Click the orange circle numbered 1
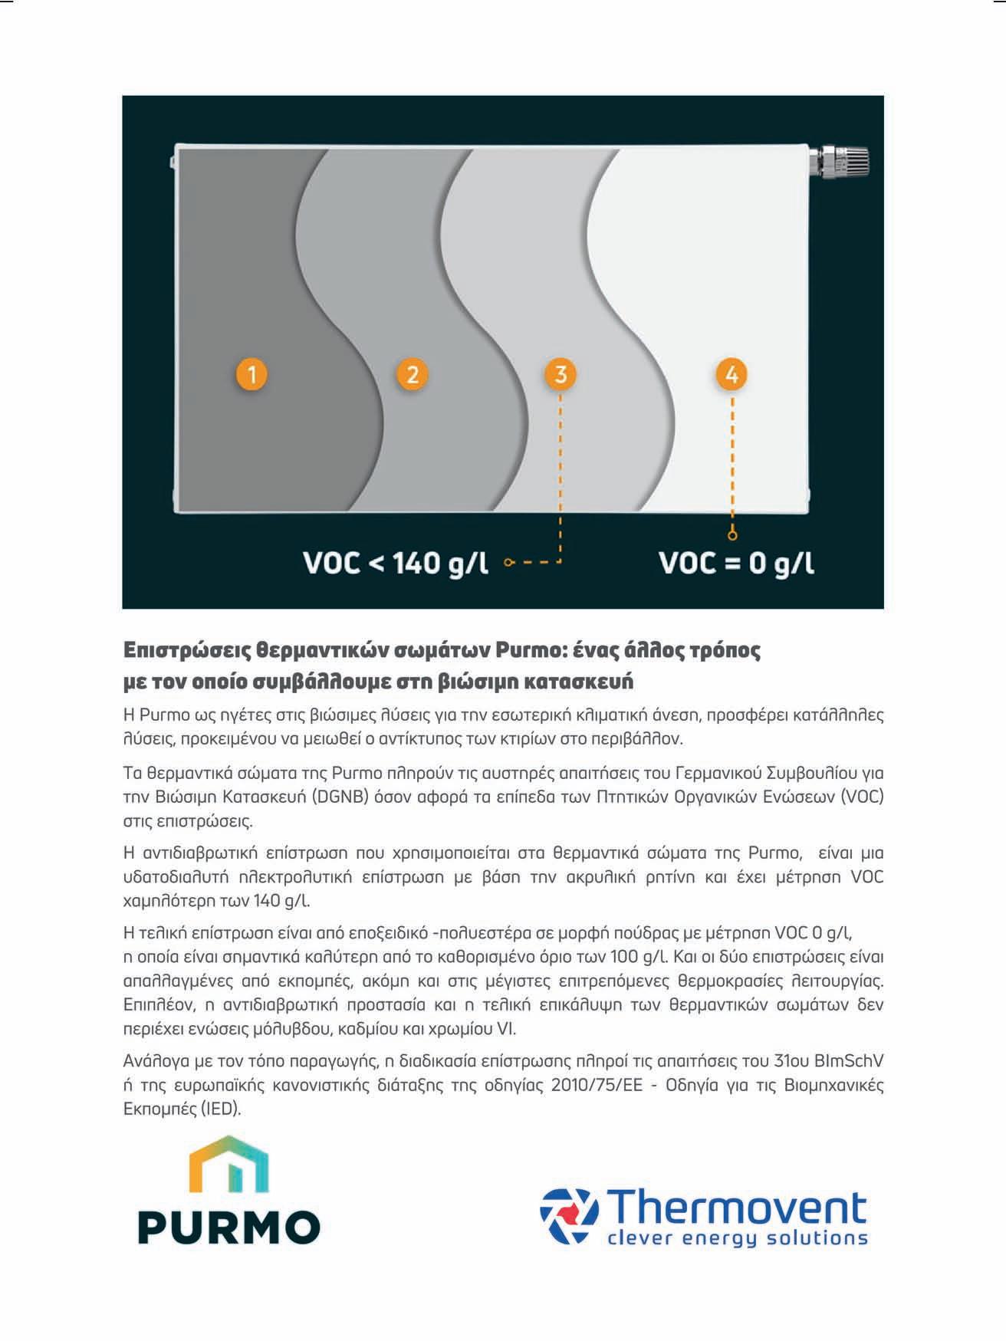pyautogui.click(x=251, y=375)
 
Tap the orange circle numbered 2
pyautogui.click(x=413, y=375)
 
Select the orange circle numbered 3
pyautogui.click(x=561, y=375)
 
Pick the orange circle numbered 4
pyautogui.click(x=731, y=375)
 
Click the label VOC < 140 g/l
pyautogui.click(x=396, y=564)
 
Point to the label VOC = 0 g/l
pyautogui.click(x=736, y=564)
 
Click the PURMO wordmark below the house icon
pyautogui.click(x=229, y=1227)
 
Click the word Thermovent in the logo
pyautogui.click(x=737, y=1208)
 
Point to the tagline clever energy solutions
pyautogui.click(x=737, y=1238)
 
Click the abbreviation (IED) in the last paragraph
pyautogui.click(x=220, y=1109)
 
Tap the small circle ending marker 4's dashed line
pyautogui.click(x=732, y=535)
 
